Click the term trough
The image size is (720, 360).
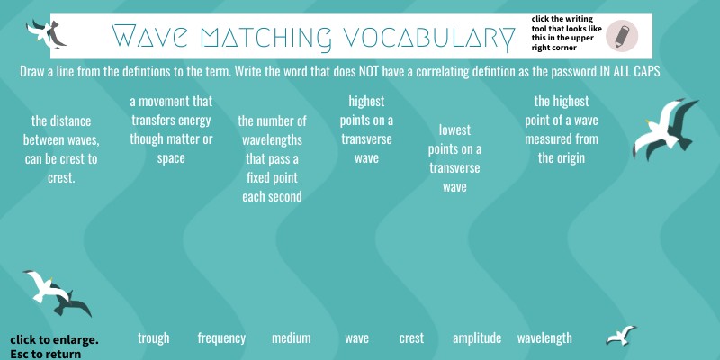pos(153,338)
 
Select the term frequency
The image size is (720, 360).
pos(221,338)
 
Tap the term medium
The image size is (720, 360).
pos(291,338)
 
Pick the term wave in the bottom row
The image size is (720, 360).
pos(357,338)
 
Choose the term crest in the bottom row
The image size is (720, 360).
pos(411,338)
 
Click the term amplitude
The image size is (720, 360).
pos(477,338)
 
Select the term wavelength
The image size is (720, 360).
pos(544,338)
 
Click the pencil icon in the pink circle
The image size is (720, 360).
pos(622,36)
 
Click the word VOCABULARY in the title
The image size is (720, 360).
pos(424,37)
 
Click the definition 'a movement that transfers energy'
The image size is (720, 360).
pos(171,130)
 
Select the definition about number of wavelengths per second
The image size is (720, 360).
pos(272,157)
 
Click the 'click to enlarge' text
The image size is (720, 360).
pos(54,340)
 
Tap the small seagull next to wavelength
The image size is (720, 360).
pos(620,337)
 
